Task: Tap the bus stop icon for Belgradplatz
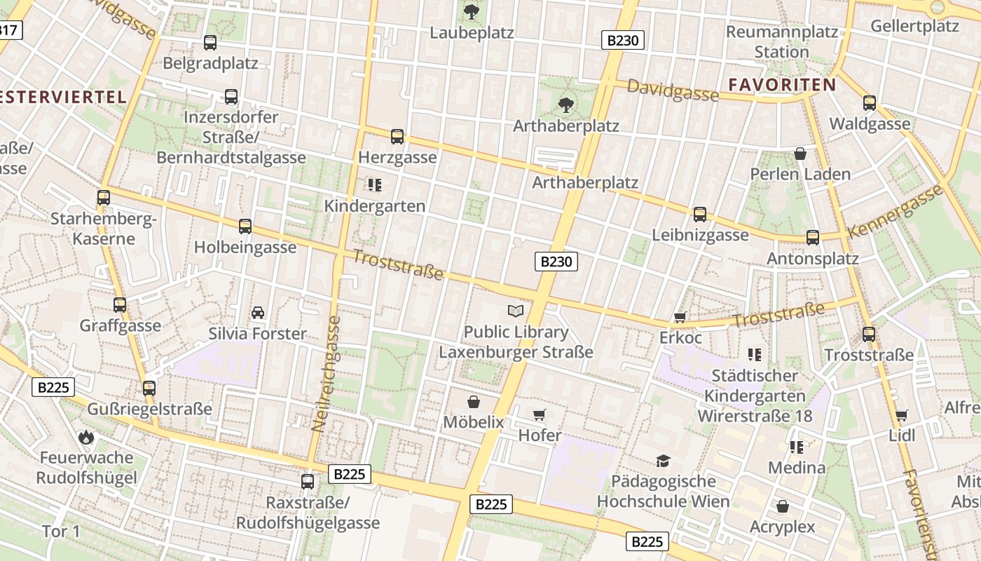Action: coord(210,42)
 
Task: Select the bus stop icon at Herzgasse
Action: coord(397,136)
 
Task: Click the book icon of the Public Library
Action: coord(516,311)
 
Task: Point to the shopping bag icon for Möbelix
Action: coord(474,401)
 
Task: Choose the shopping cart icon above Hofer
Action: coord(540,414)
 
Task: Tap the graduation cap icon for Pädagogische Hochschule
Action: coord(663,461)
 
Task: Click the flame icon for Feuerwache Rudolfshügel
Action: coord(86,437)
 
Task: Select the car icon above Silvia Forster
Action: coord(257,312)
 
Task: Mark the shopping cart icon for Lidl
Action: coord(902,415)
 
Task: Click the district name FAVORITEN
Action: coord(782,85)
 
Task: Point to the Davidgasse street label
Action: coord(673,90)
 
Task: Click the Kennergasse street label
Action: coord(895,211)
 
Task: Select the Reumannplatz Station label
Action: coord(782,42)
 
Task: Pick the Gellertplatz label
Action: coord(914,27)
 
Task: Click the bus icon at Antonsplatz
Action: coord(813,237)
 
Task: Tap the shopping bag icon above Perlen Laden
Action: coord(800,153)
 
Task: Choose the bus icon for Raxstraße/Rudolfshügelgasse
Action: coord(308,481)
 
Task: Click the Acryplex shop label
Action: coord(783,527)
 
